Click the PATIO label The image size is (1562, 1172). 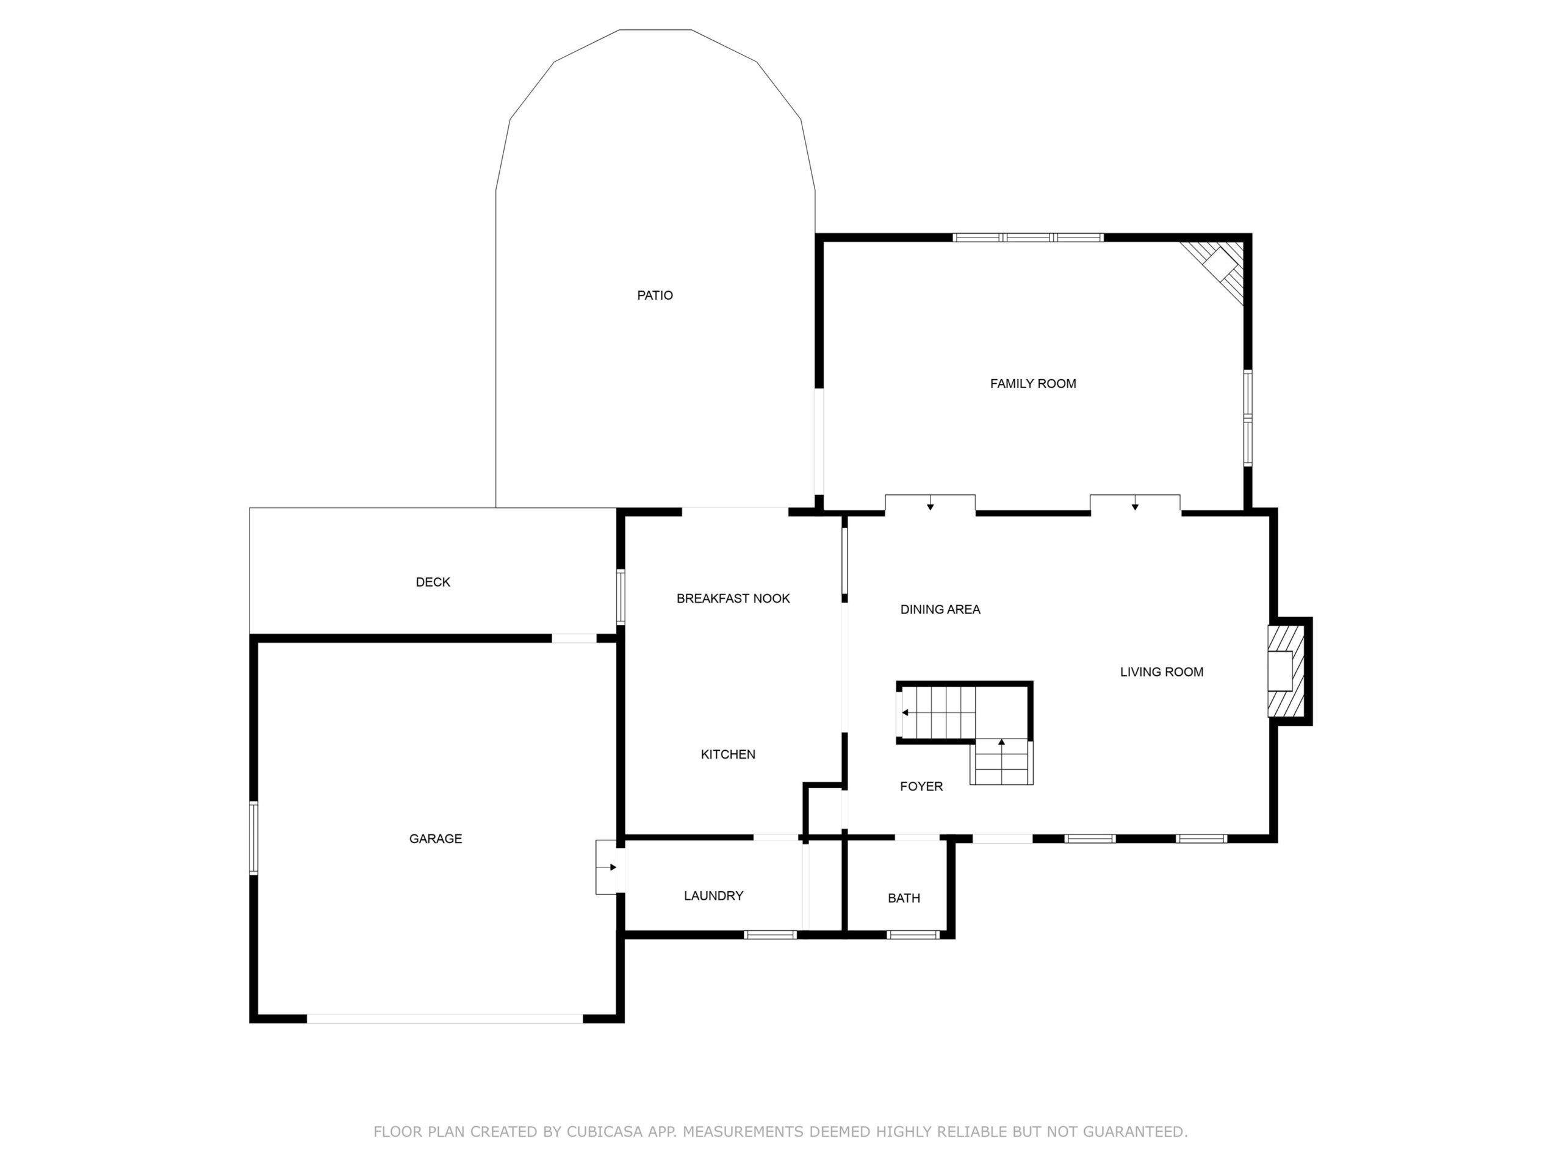pos(655,295)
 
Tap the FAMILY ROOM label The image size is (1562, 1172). pos(1033,383)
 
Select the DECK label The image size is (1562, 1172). pos(433,582)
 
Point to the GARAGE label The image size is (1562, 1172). pos(436,839)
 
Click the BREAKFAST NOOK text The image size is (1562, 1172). pos(733,598)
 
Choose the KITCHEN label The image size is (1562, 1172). pos(728,754)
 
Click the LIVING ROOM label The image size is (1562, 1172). pos(1162,672)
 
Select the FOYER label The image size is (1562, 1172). pos(921,786)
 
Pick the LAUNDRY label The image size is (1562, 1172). pos(713,895)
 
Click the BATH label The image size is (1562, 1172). pos(904,898)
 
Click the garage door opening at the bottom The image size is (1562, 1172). pos(445,1019)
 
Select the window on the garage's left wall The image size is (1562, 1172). pos(253,839)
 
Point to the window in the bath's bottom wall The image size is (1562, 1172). pos(912,935)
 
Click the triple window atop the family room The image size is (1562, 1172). pos(1028,237)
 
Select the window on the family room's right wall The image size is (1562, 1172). pos(1248,418)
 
